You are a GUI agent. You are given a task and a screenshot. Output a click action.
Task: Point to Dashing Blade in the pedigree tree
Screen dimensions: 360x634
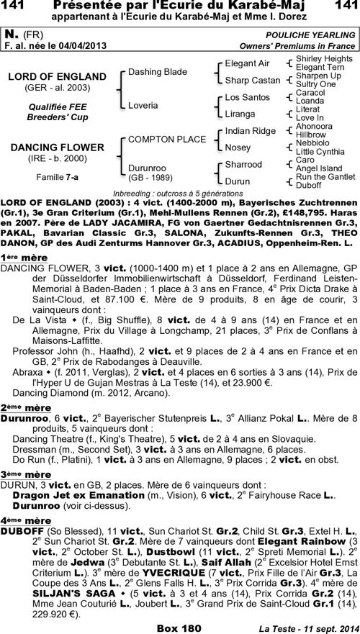157,72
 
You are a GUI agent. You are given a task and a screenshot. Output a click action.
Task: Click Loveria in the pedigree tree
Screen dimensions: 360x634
143,105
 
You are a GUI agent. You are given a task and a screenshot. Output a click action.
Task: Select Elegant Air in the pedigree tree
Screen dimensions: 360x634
247,63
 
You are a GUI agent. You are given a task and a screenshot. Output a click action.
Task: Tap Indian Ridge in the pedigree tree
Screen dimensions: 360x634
250,130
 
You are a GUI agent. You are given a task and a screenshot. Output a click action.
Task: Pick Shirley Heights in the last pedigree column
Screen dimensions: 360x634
324,58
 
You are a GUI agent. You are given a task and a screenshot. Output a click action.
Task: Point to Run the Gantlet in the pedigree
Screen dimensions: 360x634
325,176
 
